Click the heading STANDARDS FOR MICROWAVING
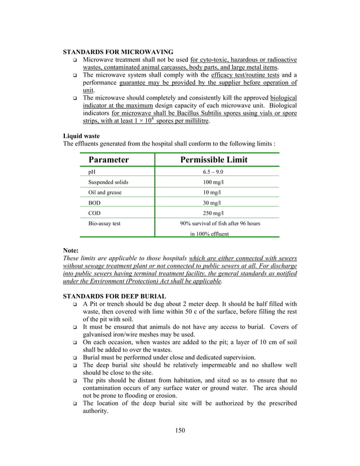tap(117, 52)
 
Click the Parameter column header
tap(108, 160)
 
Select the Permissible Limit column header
tap(214, 160)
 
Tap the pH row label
tap(92, 172)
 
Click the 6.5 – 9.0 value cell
tap(213, 172)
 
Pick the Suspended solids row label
tap(108, 182)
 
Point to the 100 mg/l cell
tap(213, 182)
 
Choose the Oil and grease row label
tap(105, 192)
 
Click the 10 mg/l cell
tap(213, 192)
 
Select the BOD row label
tap(95, 203)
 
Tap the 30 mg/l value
tap(213, 203)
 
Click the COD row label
tap(95, 213)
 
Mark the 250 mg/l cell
tap(213, 213)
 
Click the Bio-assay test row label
tap(104, 223)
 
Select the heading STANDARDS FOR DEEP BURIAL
tap(114, 296)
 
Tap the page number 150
tap(179, 430)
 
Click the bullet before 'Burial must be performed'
tap(74, 358)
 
